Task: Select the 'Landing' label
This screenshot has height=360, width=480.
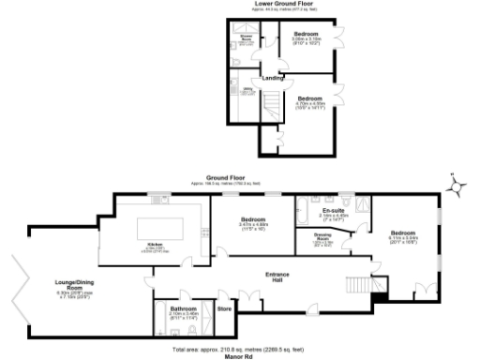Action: point(273,78)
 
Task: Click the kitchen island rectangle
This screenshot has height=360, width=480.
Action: point(165,230)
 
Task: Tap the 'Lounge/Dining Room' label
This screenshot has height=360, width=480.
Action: point(70,291)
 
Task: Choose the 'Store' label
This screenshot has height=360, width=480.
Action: point(224,307)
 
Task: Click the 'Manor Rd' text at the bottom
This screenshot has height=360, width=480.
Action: point(240,356)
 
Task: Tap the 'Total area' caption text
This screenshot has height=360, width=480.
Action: point(240,348)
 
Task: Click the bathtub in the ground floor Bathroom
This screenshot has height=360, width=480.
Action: point(161,322)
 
